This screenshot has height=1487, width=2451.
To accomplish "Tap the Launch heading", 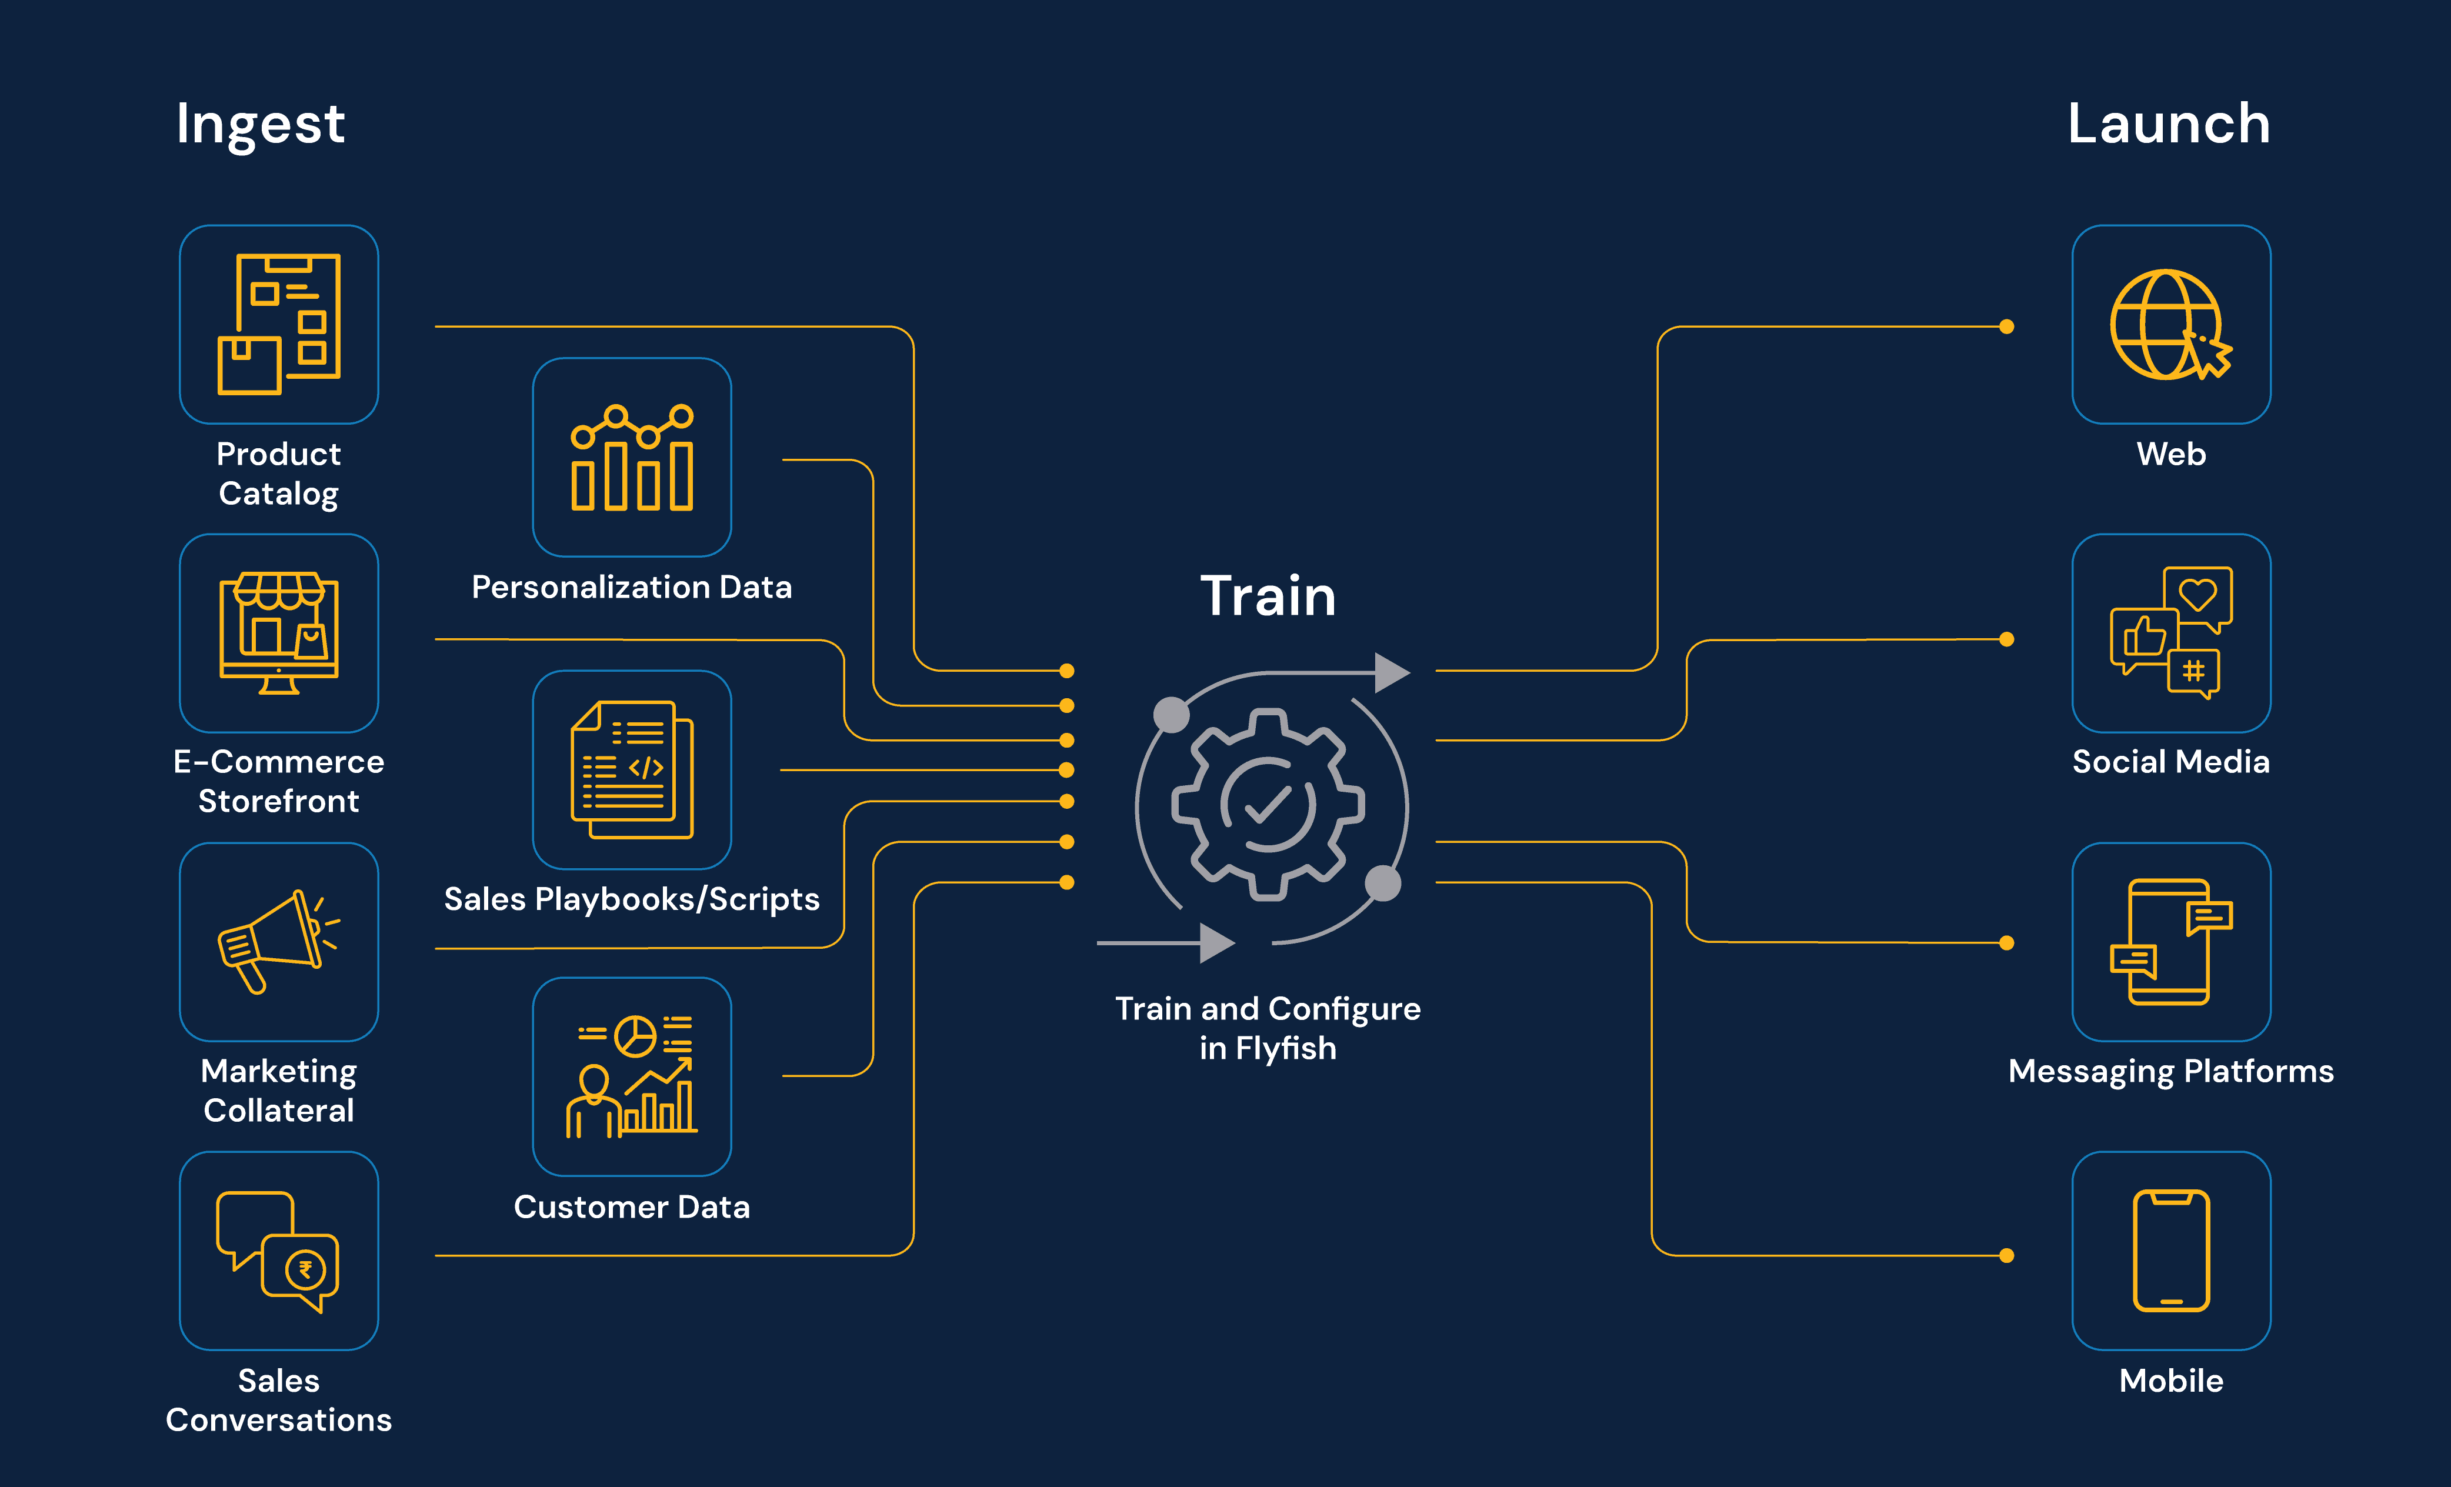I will coord(2169,124).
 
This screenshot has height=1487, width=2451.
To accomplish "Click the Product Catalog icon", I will coord(279,324).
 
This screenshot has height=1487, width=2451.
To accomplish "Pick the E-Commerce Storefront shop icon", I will coord(279,632).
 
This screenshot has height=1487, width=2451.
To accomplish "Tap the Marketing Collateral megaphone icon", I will coord(279,941).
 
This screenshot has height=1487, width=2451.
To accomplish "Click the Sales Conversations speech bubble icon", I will coord(279,1251).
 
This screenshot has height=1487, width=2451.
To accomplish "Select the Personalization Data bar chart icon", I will coord(632,458).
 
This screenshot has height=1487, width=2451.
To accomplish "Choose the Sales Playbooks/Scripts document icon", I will coord(632,769).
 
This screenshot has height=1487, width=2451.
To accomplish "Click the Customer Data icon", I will coord(632,1076).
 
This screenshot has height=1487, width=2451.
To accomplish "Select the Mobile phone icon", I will coord(2170,1251).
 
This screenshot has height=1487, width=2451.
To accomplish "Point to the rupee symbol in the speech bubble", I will coord(305,1269).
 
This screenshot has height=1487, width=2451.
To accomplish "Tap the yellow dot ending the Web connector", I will coord(2006,326).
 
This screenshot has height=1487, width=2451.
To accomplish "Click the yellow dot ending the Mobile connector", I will coord(2006,1255).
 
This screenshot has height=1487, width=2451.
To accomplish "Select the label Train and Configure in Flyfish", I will coord(1268,1028).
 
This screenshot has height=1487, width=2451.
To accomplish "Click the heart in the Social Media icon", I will coord(2197,594).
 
